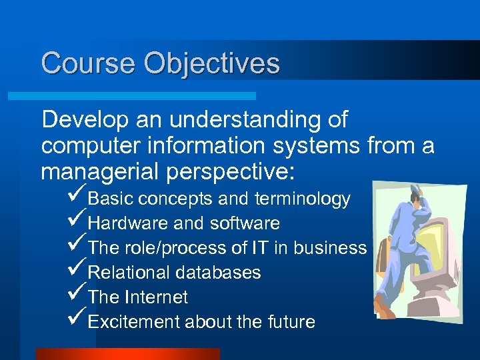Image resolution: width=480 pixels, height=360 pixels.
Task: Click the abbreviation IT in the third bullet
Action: [259, 248]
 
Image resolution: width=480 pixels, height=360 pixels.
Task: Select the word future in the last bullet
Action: [290, 322]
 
